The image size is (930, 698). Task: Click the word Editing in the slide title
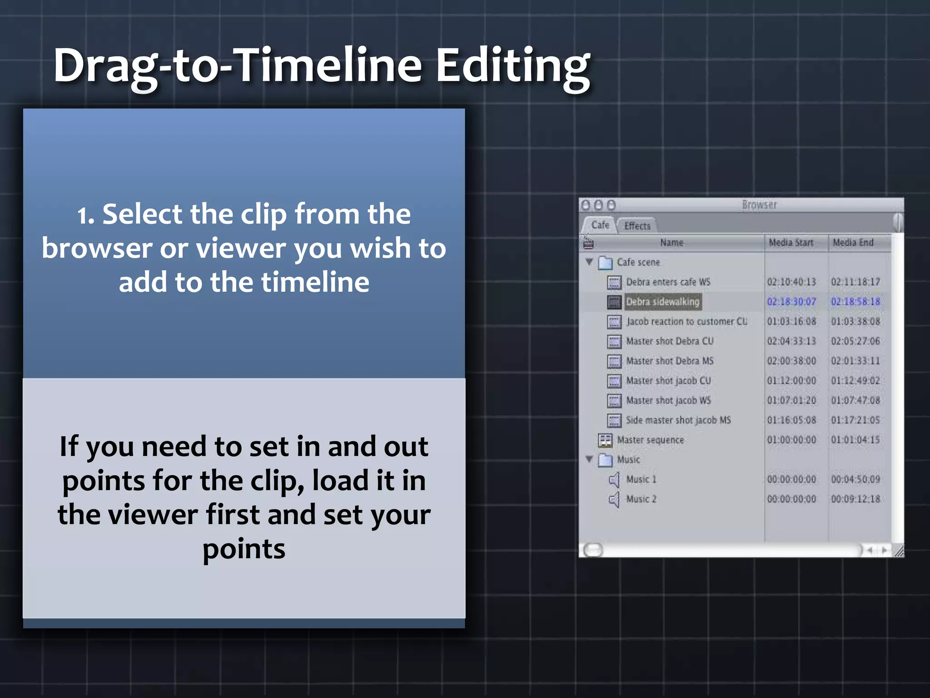click(513, 66)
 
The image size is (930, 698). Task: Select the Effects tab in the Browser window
click(637, 226)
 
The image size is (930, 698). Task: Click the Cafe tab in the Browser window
click(600, 225)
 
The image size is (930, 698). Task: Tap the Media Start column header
click(791, 243)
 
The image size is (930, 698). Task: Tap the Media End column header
click(853, 243)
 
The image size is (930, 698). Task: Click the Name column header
click(672, 243)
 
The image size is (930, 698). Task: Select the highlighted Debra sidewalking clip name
click(663, 302)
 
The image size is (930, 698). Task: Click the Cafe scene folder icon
click(605, 263)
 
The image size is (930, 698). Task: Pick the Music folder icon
click(605, 460)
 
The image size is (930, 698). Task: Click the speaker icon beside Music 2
click(614, 499)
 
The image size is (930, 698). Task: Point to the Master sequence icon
click(605, 440)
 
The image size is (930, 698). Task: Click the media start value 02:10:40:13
click(791, 282)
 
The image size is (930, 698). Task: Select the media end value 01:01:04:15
click(856, 440)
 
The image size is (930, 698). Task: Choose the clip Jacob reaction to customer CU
click(687, 322)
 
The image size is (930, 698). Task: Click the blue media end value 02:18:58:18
click(856, 302)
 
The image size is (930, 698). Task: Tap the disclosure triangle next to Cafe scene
click(589, 262)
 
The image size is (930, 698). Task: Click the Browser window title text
click(759, 205)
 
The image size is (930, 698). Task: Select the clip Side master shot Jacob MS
click(678, 420)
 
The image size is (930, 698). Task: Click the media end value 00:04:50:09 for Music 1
click(856, 479)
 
